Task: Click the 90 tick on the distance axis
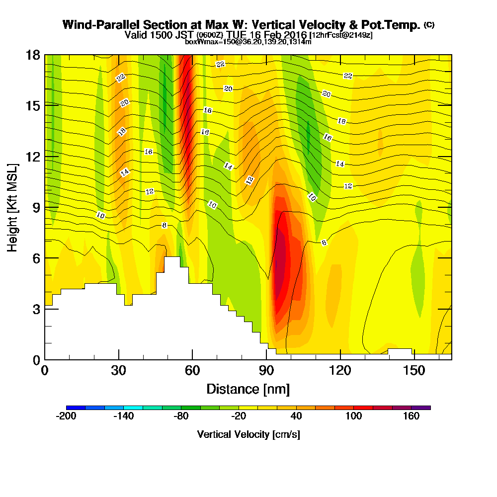click(266, 371)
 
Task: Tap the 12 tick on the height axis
click(33, 157)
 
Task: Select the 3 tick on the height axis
click(36, 309)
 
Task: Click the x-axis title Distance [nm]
click(248, 389)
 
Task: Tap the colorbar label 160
click(412, 416)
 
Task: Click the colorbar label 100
click(354, 416)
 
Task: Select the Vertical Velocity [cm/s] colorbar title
click(248, 434)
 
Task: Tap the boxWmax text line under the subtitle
click(248, 42)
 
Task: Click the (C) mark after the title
click(429, 25)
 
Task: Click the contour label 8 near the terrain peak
click(165, 225)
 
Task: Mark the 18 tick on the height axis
click(33, 55)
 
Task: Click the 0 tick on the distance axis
click(45, 371)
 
